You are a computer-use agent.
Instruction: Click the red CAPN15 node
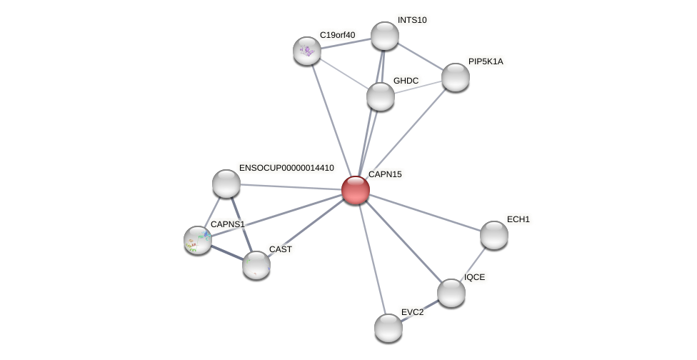[x=355, y=190]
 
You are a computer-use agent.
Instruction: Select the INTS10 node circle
[x=384, y=36]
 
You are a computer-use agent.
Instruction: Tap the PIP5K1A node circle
[x=455, y=77]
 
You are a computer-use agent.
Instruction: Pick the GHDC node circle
[x=380, y=96]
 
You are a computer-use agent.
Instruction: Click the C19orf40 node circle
[x=307, y=51]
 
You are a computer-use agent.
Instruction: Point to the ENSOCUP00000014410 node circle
[x=226, y=184]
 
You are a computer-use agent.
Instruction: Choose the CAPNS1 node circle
[x=198, y=240]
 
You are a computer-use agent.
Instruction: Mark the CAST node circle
[x=256, y=265]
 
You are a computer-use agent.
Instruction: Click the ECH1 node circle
[x=493, y=235]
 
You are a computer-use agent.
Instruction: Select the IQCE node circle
[x=451, y=293]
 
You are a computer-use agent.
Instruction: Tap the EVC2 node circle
[x=388, y=328]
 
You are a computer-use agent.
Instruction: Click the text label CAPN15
[x=385, y=174]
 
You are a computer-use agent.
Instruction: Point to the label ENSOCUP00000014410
[x=286, y=168]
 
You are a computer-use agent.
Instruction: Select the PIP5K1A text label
[x=486, y=61]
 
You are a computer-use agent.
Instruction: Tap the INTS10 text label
[x=412, y=20]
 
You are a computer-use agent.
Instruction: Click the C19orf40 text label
[x=337, y=35]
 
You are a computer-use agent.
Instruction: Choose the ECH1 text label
[x=518, y=219]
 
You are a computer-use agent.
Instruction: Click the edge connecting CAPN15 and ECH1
[x=424, y=212]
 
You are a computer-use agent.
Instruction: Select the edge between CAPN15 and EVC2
[x=371, y=259]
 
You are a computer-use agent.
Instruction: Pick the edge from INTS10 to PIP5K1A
[x=420, y=56]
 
